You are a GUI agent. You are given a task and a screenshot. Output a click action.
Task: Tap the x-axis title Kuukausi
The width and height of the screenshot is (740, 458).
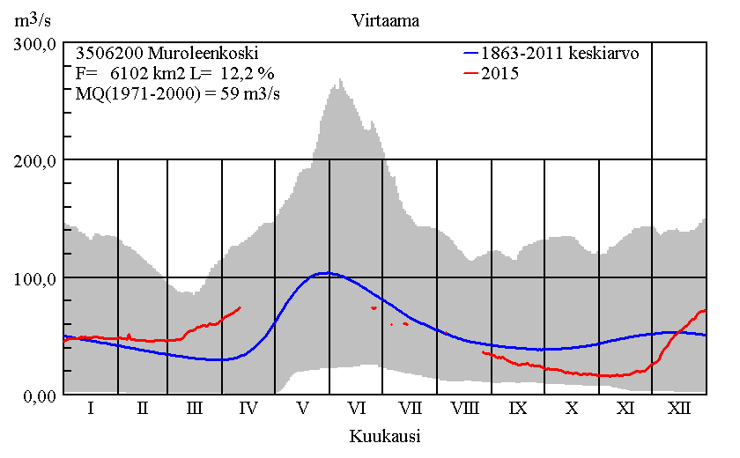tap(384, 435)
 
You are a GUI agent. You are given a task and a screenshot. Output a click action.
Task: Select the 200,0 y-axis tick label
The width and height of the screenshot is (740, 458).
tap(36, 160)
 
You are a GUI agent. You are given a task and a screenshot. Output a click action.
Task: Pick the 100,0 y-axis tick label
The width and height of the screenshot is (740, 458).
tap(36, 278)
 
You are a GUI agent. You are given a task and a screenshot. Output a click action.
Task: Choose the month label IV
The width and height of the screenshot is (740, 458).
tap(248, 409)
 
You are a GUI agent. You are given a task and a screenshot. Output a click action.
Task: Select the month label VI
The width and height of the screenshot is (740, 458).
tap(357, 409)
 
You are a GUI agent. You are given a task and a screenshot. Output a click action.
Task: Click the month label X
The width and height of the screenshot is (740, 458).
tap(572, 409)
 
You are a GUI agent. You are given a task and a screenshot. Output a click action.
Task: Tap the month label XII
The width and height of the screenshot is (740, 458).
tap(679, 409)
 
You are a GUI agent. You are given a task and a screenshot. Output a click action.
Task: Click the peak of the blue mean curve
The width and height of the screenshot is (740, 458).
tap(326, 273)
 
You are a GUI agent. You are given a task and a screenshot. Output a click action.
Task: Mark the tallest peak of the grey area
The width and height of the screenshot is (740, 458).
tap(340, 79)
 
